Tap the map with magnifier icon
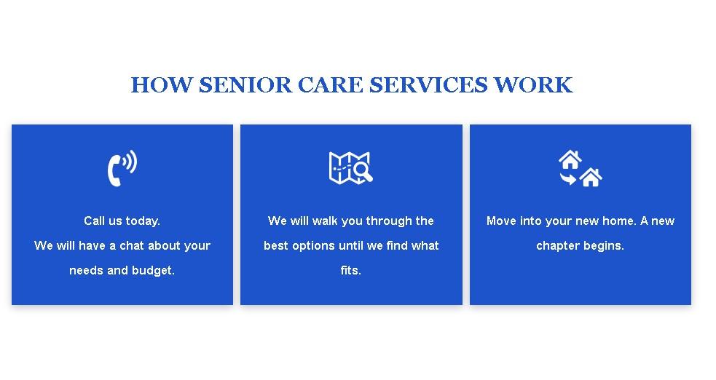click(x=350, y=168)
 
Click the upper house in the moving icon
click(x=570, y=159)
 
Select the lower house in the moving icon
click(x=591, y=177)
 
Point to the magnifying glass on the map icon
click(x=363, y=172)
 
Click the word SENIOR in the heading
click(x=245, y=85)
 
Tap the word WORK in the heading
click(x=533, y=85)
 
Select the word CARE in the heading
click(x=331, y=85)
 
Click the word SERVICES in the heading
click(x=428, y=85)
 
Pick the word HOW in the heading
click(x=162, y=85)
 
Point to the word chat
click(x=132, y=246)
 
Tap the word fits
click(x=350, y=271)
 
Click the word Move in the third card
click(x=501, y=221)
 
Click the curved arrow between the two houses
click(x=568, y=178)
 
